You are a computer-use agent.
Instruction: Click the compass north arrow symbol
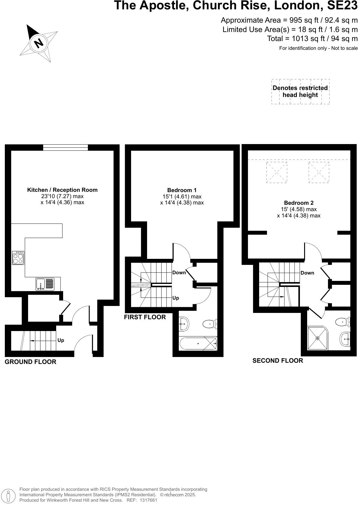[x=38, y=43]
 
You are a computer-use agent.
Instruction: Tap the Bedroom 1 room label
[x=182, y=190]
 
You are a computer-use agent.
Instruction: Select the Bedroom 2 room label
[x=298, y=203]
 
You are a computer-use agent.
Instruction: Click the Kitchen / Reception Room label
[x=62, y=190]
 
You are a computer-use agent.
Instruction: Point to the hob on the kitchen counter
[x=18, y=258]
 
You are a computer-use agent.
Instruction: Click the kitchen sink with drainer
[x=45, y=284]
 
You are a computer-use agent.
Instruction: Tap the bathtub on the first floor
[x=198, y=343]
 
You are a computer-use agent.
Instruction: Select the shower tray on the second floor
[x=317, y=338]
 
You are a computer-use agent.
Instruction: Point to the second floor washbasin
[x=345, y=339]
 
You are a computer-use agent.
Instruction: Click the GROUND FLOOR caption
[x=31, y=362]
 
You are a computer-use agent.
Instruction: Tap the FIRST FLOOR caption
[x=145, y=317]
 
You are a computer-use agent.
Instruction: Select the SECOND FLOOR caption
[x=278, y=361]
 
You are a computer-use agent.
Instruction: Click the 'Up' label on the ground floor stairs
[x=61, y=340]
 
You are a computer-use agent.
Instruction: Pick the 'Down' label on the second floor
[x=307, y=273]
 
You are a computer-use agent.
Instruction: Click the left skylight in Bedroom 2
[x=277, y=172]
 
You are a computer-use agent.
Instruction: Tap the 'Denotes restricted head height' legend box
[x=300, y=92]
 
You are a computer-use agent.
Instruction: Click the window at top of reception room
[x=66, y=147]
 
